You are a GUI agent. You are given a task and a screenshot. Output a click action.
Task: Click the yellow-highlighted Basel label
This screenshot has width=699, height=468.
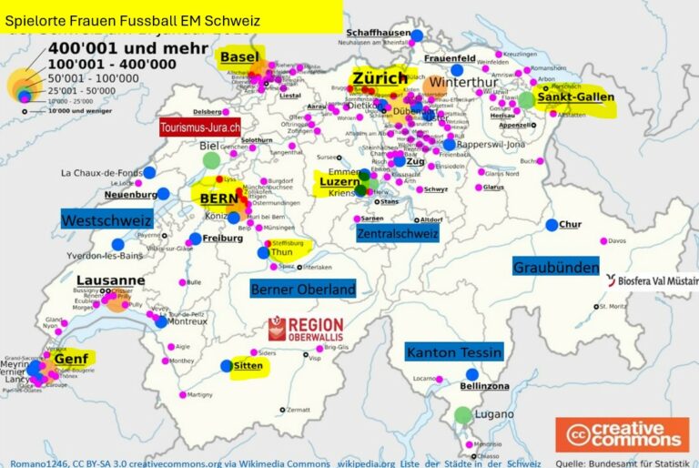pos(239,57)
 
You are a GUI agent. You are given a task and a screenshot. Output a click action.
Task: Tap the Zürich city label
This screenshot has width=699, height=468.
pos(380,78)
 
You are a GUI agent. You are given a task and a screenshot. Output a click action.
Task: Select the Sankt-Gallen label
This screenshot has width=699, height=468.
pos(575,97)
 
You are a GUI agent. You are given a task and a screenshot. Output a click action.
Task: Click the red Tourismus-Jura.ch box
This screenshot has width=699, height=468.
pos(200,128)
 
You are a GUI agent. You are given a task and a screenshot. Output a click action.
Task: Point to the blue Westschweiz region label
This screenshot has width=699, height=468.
pos(106,219)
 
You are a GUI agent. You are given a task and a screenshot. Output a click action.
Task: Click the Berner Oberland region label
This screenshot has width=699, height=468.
pos(302,290)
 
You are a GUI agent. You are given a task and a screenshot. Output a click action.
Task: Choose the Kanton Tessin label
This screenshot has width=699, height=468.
pos(453,352)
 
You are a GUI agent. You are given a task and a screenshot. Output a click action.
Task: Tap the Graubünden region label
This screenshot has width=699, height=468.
pos(556,268)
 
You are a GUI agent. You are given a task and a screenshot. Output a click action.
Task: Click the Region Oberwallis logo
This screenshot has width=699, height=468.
pos(306,330)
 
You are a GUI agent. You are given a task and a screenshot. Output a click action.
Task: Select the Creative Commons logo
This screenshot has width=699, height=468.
pos(623,434)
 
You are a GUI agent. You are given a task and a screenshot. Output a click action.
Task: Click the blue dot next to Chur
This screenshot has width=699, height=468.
pos(552,225)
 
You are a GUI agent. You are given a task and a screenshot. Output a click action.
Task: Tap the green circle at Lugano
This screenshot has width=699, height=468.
pos(463,415)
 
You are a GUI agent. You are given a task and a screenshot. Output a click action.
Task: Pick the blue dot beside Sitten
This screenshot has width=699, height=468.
pos(227,366)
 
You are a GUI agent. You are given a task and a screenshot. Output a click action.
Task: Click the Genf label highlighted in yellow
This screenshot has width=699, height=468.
pos(71,359)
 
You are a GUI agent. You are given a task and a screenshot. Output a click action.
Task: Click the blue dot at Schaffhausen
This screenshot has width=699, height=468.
pos(417,36)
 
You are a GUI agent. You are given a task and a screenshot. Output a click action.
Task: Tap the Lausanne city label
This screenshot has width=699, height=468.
pos(110,280)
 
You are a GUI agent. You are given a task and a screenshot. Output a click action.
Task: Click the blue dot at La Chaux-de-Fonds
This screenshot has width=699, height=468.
pos(149,172)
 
